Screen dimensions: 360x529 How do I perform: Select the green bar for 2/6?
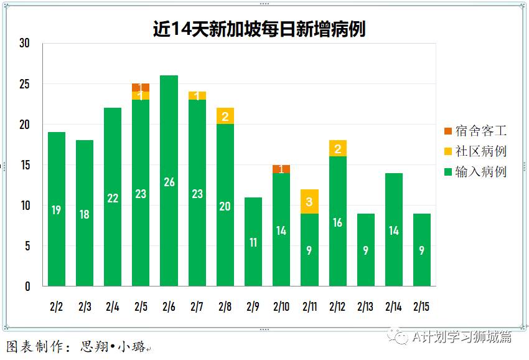point(169,181)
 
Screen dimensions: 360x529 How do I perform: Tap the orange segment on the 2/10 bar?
point(281,169)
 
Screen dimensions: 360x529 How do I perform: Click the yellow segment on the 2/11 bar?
point(309,202)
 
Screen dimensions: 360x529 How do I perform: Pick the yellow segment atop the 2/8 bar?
point(225,116)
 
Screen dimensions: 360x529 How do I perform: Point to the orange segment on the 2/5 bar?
point(141,87)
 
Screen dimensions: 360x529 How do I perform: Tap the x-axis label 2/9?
point(253,306)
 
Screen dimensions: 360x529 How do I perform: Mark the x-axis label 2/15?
point(421,306)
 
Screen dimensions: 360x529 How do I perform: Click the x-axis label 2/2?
point(56,306)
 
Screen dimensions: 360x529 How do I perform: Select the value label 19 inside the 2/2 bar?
point(56,210)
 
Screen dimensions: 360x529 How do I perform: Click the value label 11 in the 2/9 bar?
point(253,242)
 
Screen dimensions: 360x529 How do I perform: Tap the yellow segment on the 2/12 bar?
point(337,148)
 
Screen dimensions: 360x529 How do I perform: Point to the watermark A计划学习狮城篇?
point(461,337)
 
